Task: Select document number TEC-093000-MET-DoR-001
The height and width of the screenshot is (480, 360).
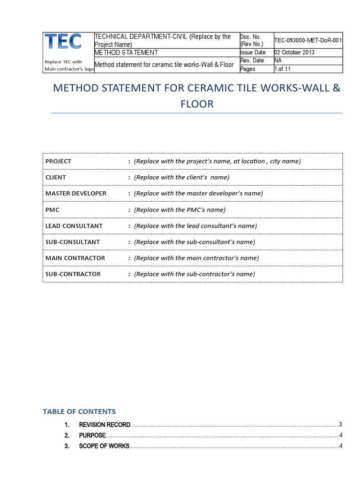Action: click(x=308, y=41)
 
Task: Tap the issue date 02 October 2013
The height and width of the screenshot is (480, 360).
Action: click(x=294, y=52)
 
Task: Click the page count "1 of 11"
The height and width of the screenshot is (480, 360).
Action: click(x=283, y=69)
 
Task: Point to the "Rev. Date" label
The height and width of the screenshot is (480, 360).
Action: click(x=252, y=60)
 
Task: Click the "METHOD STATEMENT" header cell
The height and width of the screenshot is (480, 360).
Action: click(x=126, y=52)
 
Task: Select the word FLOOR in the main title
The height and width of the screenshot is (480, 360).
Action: click(x=197, y=104)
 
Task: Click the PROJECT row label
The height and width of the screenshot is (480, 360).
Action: click(x=58, y=161)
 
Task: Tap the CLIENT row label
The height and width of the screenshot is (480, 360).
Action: click(x=56, y=177)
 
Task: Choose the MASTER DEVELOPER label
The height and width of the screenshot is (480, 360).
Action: click(x=75, y=193)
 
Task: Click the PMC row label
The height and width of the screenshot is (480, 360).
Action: click(x=52, y=210)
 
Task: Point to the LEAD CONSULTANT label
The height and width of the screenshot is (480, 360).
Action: click(x=74, y=225)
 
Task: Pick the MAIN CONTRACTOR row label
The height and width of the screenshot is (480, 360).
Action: click(x=75, y=258)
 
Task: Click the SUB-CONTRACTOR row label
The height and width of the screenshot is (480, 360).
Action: click(x=73, y=274)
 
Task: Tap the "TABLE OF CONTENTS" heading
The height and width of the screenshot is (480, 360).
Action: click(x=79, y=412)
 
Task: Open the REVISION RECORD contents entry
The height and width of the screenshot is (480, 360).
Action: click(x=104, y=425)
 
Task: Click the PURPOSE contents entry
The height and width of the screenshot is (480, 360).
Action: click(x=92, y=435)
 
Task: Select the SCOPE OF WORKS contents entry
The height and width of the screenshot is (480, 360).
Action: click(x=104, y=446)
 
